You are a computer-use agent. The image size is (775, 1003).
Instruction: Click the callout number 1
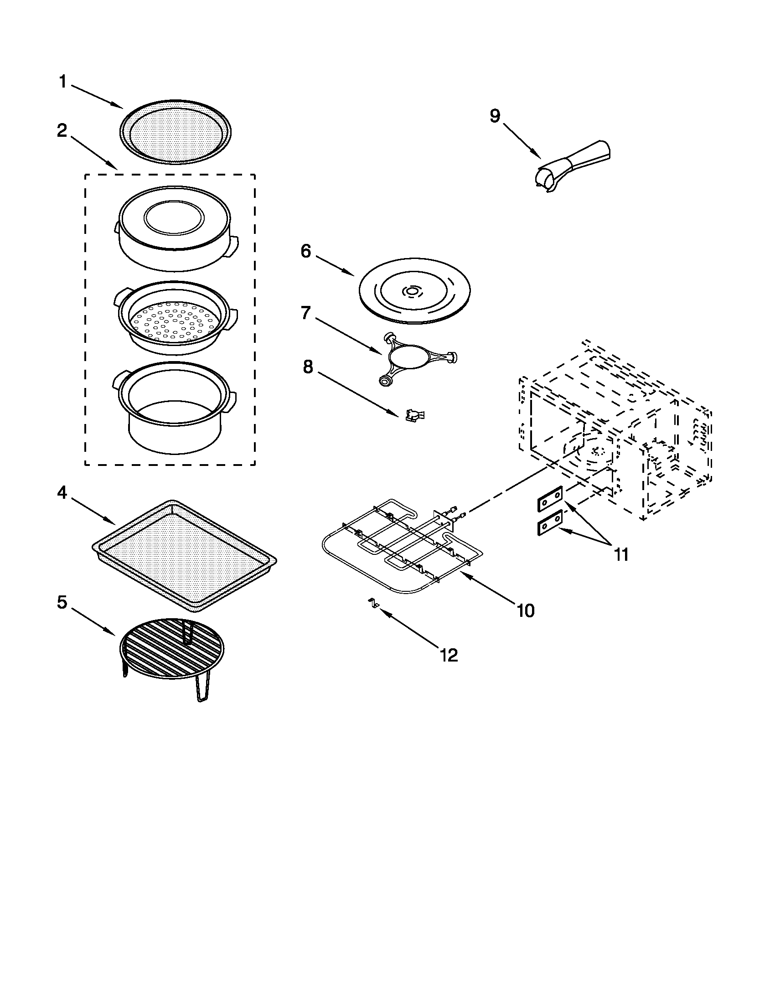63,82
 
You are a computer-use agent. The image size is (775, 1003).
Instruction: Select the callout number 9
495,116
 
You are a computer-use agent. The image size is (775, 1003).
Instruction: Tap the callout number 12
449,655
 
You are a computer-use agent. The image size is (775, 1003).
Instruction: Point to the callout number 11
621,555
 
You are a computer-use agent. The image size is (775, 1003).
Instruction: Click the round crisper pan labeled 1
176,131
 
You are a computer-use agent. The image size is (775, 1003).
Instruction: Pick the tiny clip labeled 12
374,604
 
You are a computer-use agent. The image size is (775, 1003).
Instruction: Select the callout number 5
62,602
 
